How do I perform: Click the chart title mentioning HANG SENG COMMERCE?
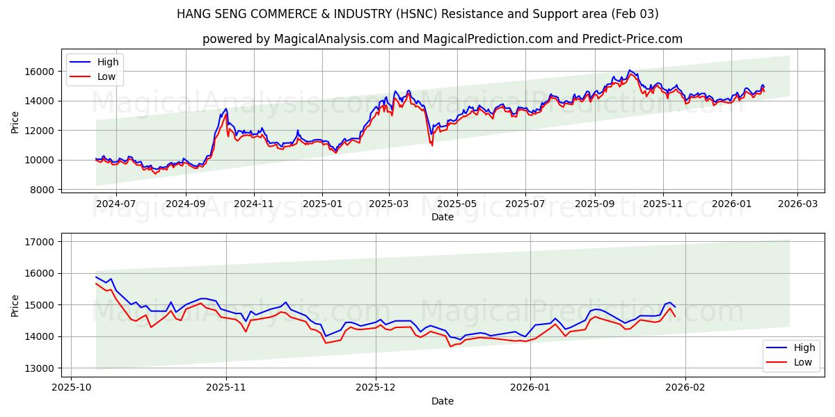click(x=417, y=14)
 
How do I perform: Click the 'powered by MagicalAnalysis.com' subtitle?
click(x=443, y=39)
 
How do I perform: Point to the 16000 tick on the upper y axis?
click(x=41, y=72)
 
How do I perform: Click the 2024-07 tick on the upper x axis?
click(x=116, y=204)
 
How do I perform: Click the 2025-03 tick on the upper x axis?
click(x=388, y=204)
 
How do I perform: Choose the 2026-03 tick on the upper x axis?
click(x=797, y=204)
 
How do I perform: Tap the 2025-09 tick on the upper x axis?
click(x=595, y=204)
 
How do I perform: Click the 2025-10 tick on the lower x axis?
click(x=72, y=386)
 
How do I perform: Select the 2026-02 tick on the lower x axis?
click(x=685, y=386)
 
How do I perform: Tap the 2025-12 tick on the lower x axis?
click(x=376, y=386)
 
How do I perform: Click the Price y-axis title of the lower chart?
click(x=15, y=305)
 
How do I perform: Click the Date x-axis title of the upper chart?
click(x=443, y=217)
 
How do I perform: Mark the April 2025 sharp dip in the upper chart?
click(x=431, y=144)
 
